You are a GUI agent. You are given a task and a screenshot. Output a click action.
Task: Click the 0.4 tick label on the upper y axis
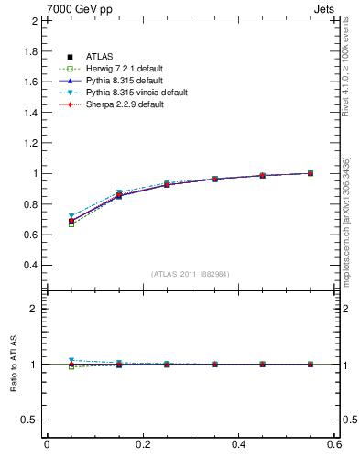[x=31, y=265]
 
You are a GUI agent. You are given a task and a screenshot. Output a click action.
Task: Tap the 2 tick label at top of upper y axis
[x=35, y=20]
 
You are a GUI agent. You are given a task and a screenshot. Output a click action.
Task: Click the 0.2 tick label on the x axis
[x=143, y=444]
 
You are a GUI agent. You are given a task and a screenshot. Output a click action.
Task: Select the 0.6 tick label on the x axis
[x=334, y=444]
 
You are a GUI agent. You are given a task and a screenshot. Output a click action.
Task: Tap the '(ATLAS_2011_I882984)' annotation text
[x=191, y=273]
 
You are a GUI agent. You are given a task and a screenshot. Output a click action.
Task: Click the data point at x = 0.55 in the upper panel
[x=311, y=173]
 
